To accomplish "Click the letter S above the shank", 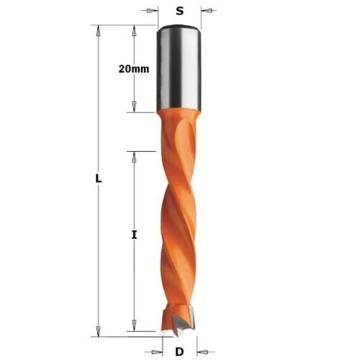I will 179,11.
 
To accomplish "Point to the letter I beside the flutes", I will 135,235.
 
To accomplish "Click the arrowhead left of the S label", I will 153,11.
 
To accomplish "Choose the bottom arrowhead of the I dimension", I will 135,330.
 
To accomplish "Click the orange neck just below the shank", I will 178,122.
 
